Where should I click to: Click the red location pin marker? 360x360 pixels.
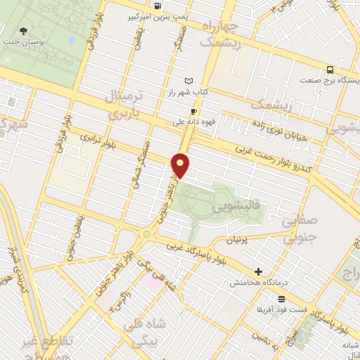click(x=181, y=166)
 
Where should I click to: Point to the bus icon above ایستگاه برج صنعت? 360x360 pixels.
click(x=330, y=70)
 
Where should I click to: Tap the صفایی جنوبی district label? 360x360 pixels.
click(x=300, y=231)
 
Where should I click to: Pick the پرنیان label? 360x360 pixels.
click(x=237, y=240)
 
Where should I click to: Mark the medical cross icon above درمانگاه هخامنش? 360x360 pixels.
click(x=258, y=271)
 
